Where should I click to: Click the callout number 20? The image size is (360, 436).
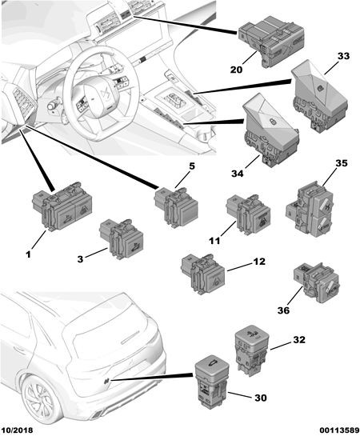point(236,70)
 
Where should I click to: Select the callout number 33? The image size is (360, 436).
point(343,56)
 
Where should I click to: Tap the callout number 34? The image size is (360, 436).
point(238,174)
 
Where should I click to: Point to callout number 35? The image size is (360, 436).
point(342,163)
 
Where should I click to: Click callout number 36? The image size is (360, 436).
point(283,310)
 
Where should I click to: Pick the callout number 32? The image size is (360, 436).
point(299,339)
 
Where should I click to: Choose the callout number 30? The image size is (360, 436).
point(261,398)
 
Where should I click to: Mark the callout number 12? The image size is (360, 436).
point(259,262)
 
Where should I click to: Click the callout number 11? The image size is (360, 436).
point(214,240)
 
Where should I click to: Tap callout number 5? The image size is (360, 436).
point(192,166)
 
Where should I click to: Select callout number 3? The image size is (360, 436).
point(80,259)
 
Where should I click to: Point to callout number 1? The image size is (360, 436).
point(28,254)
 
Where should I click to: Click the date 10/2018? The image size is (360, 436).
point(18,430)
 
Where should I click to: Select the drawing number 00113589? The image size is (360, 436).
point(339,430)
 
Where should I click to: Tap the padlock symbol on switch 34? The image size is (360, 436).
point(271,122)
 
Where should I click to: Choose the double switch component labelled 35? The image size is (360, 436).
point(309,209)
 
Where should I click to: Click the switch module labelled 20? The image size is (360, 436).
point(271,41)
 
